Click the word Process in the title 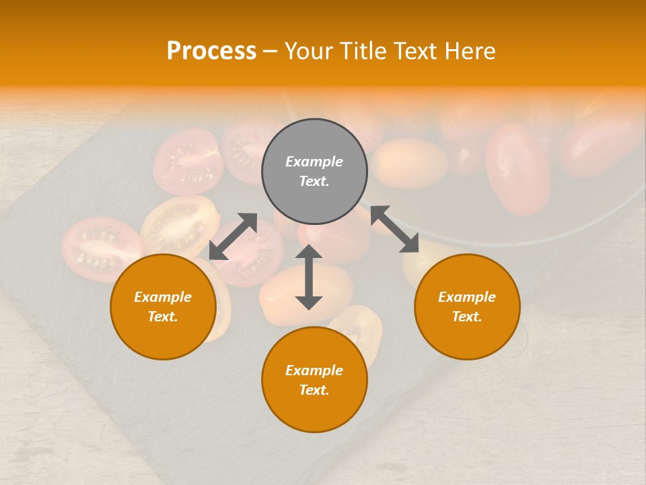point(211,51)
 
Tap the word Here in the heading point(471,51)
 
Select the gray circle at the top point(314,172)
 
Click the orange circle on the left point(163,306)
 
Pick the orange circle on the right point(467,306)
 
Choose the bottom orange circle point(314,380)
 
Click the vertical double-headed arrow point(309,277)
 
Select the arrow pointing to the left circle point(233,236)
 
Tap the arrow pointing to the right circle point(394,229)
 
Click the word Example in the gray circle point(314,162)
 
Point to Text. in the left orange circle point(163,317)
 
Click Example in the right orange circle point(467,297)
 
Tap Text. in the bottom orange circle point(314,390)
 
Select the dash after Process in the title point(271,51)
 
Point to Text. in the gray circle point(314,181)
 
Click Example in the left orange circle point(163,297)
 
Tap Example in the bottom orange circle point(314,370)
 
